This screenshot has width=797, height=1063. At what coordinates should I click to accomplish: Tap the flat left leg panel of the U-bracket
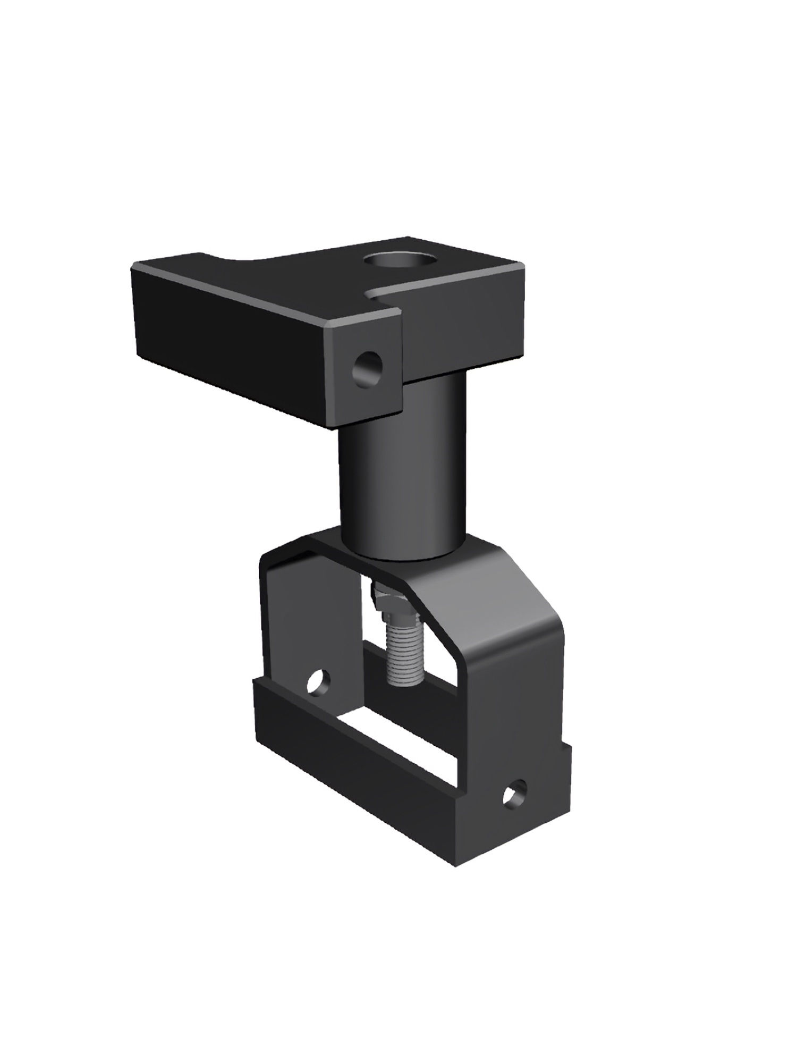tap(298, 627)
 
